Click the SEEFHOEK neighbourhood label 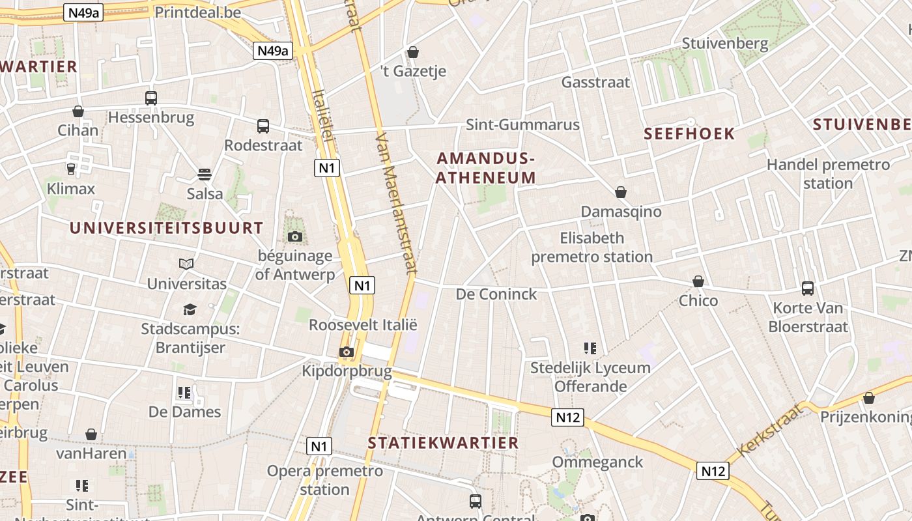689,134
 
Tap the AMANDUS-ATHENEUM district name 486,168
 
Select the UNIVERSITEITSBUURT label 166,228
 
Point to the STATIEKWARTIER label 443,443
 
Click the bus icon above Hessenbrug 151,98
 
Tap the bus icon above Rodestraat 263,126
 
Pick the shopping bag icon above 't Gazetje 413,52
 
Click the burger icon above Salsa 205,175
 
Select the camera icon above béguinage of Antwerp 294,236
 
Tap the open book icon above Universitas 186,264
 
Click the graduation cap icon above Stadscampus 190,309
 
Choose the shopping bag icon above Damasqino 621,192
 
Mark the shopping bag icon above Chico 698,281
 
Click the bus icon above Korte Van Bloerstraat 808,288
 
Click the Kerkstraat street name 769,430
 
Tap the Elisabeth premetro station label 591,247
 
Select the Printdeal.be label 198,12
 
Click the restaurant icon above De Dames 184,392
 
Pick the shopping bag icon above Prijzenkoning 869,397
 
